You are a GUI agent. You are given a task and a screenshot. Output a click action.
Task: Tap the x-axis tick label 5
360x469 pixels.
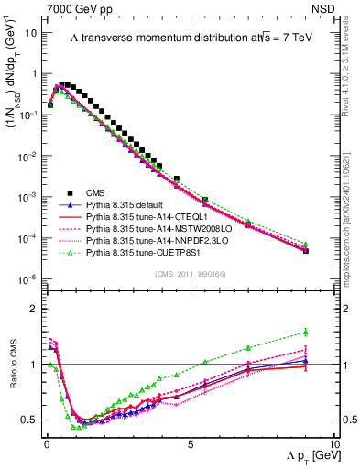(190, 443)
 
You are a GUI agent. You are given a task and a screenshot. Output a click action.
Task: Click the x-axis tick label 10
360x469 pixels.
(333, 443)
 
